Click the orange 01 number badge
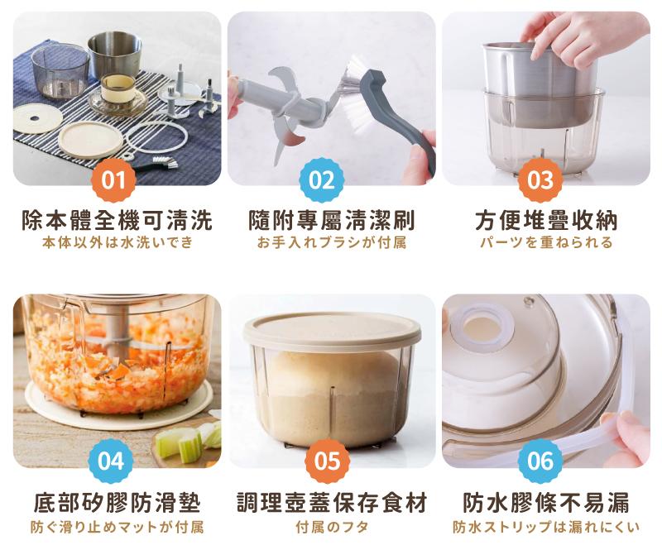(x=113, y=180)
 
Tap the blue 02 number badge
(x=322, y=180)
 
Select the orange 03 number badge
(x=540, y=180)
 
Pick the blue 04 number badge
(x=111, y=461)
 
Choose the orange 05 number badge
(x=328, y=461)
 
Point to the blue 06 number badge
(x=540, y=461)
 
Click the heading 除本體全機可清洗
(x=117, y=220)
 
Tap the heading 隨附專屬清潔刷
(x=332, y=220)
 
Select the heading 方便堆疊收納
(x=546, y=220)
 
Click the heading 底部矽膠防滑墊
(x=117, y=502)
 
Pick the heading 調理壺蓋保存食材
(x=332, y=502)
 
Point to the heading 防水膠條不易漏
(x=546, y=502)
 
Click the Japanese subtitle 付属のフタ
(x=332, y=527)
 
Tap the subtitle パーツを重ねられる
(x=546, y=242)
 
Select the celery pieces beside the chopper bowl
(x=189, y=440)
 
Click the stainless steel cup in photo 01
(x=114, y=53)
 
